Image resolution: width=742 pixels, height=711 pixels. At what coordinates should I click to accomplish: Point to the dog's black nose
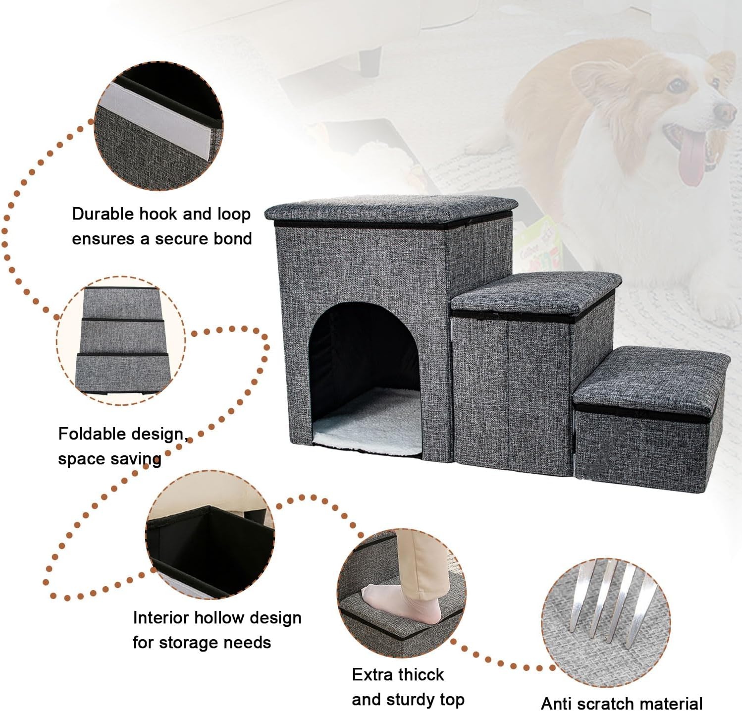726,112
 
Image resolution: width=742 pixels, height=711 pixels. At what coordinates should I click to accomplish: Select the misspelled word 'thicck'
422,675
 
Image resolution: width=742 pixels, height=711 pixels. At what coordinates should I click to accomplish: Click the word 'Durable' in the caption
103,214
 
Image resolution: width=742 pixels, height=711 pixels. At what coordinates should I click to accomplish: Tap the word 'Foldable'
89,434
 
